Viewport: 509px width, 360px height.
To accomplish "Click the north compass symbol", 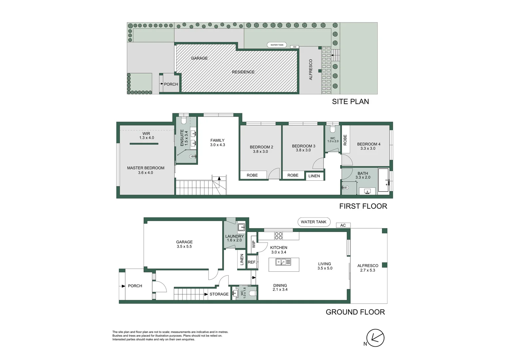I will click(375, 338).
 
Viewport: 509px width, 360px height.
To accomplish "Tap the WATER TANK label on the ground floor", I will click(313, 222).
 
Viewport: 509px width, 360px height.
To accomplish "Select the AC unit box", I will click(343, 225).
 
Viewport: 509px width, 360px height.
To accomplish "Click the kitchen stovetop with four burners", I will click(278, 236).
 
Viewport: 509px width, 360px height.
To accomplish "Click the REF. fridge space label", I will click(252, 262).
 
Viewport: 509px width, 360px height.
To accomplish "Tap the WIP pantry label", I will click(254, 244).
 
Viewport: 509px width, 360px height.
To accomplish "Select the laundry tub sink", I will click(241, 227).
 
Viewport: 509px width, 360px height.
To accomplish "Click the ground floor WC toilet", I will click(252, 293).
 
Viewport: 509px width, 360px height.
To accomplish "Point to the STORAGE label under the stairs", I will click(219, 294).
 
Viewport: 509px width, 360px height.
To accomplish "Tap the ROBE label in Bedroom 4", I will click(345, 140).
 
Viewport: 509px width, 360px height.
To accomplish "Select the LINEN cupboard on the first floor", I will click(314, 176).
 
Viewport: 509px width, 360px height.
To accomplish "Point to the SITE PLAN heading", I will click(350, 102).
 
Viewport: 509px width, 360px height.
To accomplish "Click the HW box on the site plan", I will click(294, 47).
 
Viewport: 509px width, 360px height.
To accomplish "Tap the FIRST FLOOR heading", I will click(363, 206).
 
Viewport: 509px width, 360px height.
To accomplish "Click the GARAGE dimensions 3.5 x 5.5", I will click(184, 247).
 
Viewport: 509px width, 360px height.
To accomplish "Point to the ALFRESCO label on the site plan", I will click(311, 69).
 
